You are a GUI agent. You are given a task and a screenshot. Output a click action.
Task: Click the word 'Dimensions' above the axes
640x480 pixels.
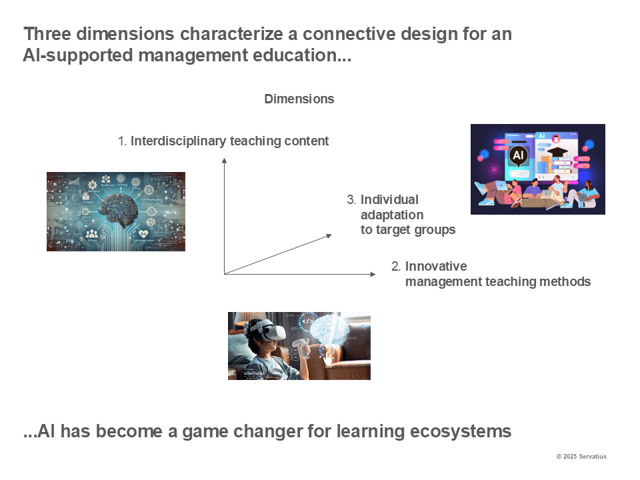(299, 99)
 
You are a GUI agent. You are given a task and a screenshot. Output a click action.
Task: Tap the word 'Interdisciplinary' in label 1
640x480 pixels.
(178, 141)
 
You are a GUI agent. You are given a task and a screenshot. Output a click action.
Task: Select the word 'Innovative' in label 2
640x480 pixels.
(436, 267)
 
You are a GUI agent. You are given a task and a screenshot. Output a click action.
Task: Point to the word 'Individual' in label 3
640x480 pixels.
(389, 199)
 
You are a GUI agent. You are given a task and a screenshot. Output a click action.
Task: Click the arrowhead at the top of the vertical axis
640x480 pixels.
(225, 160)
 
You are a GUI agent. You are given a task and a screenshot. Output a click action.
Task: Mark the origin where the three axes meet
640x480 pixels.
(225, 274)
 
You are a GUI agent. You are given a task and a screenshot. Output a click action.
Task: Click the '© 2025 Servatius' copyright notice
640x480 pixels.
(581, 457)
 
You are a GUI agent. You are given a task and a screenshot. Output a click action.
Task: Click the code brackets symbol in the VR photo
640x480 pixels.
(309, 321)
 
